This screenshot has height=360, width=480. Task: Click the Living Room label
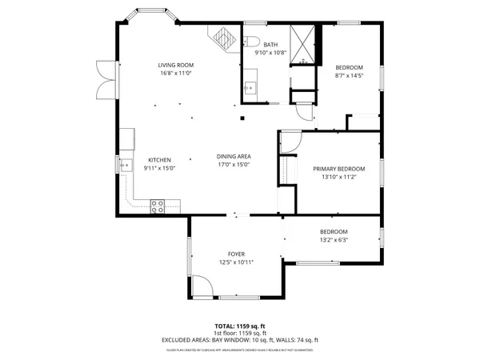(175, 66)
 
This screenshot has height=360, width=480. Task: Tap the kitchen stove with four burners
(158, 205)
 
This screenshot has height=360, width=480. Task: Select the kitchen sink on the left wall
(126, 166)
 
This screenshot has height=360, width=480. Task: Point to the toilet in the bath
(250, 42)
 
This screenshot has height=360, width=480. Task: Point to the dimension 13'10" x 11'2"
(338, 177)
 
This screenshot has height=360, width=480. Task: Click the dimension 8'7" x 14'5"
(349, 76)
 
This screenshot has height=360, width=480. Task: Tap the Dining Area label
(234, 156)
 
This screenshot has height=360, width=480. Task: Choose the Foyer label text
(235, 254)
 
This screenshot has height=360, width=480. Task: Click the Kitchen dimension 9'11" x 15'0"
(158, 169)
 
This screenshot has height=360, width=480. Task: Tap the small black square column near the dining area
(242, 118)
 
